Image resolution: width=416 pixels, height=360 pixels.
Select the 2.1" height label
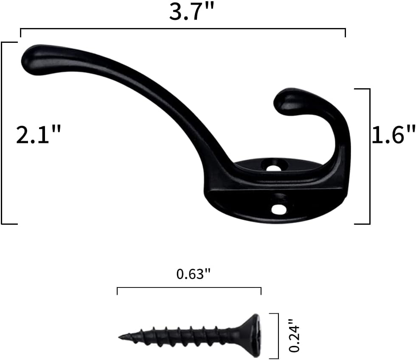[39, 135]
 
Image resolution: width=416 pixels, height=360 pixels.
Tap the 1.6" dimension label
[393, 135]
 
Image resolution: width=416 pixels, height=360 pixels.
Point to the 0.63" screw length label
[194, 274]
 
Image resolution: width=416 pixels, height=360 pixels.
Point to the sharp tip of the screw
[120, 338]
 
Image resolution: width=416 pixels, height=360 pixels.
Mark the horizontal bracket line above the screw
[189, 287]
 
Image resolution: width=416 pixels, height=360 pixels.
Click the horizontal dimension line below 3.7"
[183, 29]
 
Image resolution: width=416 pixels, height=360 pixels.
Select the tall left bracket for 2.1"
[2, 133]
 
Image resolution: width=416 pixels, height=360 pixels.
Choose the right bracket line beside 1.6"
[369, 156]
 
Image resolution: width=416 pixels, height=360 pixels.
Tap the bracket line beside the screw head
[278, 335]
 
